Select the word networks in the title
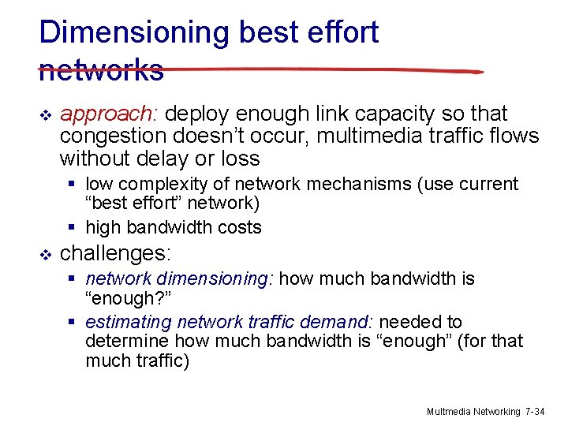point(101,70)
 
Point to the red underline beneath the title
point(316,70)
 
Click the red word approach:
point(110,114)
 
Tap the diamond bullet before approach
point(44,115)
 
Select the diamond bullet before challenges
point(44,254)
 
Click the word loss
point(237,159)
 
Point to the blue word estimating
point(128,323)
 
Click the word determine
point(126,342)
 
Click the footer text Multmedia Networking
point(473,412)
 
